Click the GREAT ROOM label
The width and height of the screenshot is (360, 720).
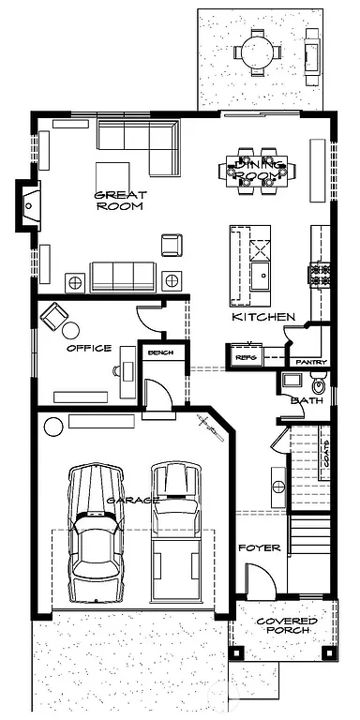click(x=118, y=200)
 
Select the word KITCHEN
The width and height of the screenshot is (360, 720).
click(x=264, y=318)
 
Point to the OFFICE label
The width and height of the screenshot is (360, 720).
click(x=89, y=348)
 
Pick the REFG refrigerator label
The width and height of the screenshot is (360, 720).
click(x=246, y=357)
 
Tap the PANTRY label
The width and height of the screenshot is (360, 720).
click(x=309, y=361)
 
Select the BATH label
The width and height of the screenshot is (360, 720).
click(x=307, y=401)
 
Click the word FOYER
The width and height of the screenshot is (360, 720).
click(x=260, y=547)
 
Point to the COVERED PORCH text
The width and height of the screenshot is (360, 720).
click(x=287, y=625)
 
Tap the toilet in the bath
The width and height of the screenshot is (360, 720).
click(x=317, y=383)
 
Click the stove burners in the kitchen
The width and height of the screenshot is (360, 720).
click(x=320, y=274)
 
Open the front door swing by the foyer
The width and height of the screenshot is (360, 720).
click(x=260, y=583)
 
